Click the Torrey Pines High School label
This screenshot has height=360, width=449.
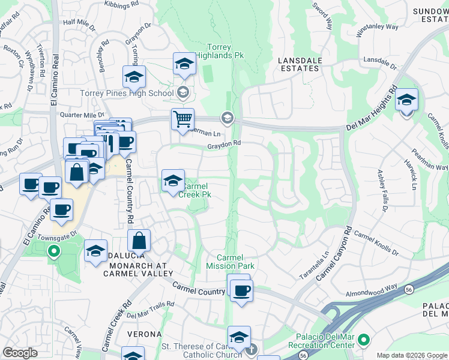coord(127,93)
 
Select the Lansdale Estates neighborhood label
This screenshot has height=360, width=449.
coord(299,64)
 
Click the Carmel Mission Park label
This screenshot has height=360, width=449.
coord(231,262)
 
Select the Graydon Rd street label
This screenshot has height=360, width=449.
coord(224,143)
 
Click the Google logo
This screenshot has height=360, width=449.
coord(20,352)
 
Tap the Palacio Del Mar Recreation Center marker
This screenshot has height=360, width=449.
coord(363,341)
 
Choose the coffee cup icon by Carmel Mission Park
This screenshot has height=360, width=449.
coord(242,291)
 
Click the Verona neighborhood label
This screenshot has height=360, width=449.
coord(144,334)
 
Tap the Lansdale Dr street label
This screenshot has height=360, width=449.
coord(381,61)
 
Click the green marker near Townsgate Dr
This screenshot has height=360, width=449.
coord(54,251)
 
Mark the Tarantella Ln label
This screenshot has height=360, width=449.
coord(315,265)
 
